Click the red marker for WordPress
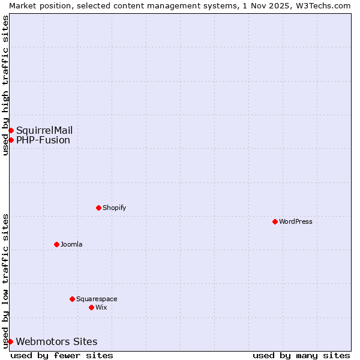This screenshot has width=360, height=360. tap(275, 221)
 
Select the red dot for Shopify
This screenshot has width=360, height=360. tap(98, 208)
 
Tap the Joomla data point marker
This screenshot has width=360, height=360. tap(56, 244)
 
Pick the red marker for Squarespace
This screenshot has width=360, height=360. tap(72, 299)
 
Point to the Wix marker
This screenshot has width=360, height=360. tap(91, 307)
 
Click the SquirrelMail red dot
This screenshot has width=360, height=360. tap(11, 130)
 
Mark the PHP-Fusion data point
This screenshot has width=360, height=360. tap(11, 140)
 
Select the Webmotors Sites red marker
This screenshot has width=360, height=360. tap(10, 341)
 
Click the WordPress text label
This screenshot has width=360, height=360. tap(296, 221)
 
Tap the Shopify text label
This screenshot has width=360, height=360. tap(114, 208)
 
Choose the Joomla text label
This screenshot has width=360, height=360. tap(71, 244)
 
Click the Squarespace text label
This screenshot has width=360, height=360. tap(97, 299)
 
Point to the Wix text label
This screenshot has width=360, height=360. tap(101, 307)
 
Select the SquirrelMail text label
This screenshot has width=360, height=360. tap(44, 130)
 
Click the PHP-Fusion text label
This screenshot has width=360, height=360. tap(43, 140)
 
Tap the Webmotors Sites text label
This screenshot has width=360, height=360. tap(56, 341)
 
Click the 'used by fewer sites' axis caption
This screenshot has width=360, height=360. tap(62, 355)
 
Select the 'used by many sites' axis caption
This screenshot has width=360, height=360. tap(301, 355)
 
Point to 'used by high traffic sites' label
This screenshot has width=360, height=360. tap(5, 85)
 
